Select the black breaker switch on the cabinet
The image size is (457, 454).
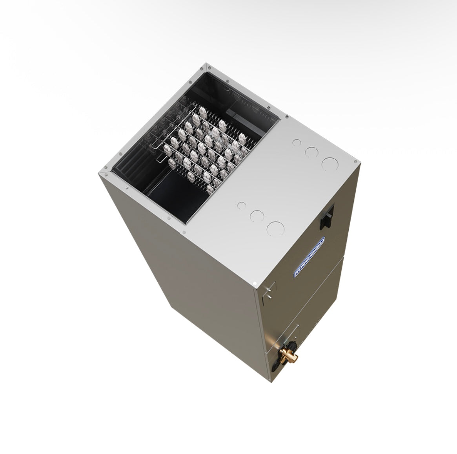point(327,218)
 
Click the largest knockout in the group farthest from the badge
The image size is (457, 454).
point(329,163)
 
